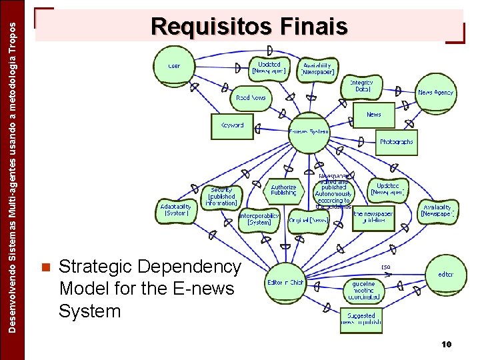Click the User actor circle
click(x=174, y=66)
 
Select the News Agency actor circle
click(x=435, y=92)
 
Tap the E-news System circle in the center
click(x=309, y=131)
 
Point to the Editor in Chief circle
click(x=285, y=282)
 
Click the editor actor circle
click(x=445, y=274)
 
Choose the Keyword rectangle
click(x=232, y=125)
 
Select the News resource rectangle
click(x=373, y=115)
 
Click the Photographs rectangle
click(x=396, y=141)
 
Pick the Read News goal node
click(x=251, y=97)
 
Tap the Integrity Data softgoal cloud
click(x=362, y=85)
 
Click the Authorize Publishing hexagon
click(x=283, y=189)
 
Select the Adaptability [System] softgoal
click(x=176, y=210)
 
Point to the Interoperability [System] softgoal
click(x=259, y=219)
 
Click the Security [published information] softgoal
click(x=221, y=196)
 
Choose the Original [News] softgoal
click(x=308, y=219)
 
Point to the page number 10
click(x=446, y=344)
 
